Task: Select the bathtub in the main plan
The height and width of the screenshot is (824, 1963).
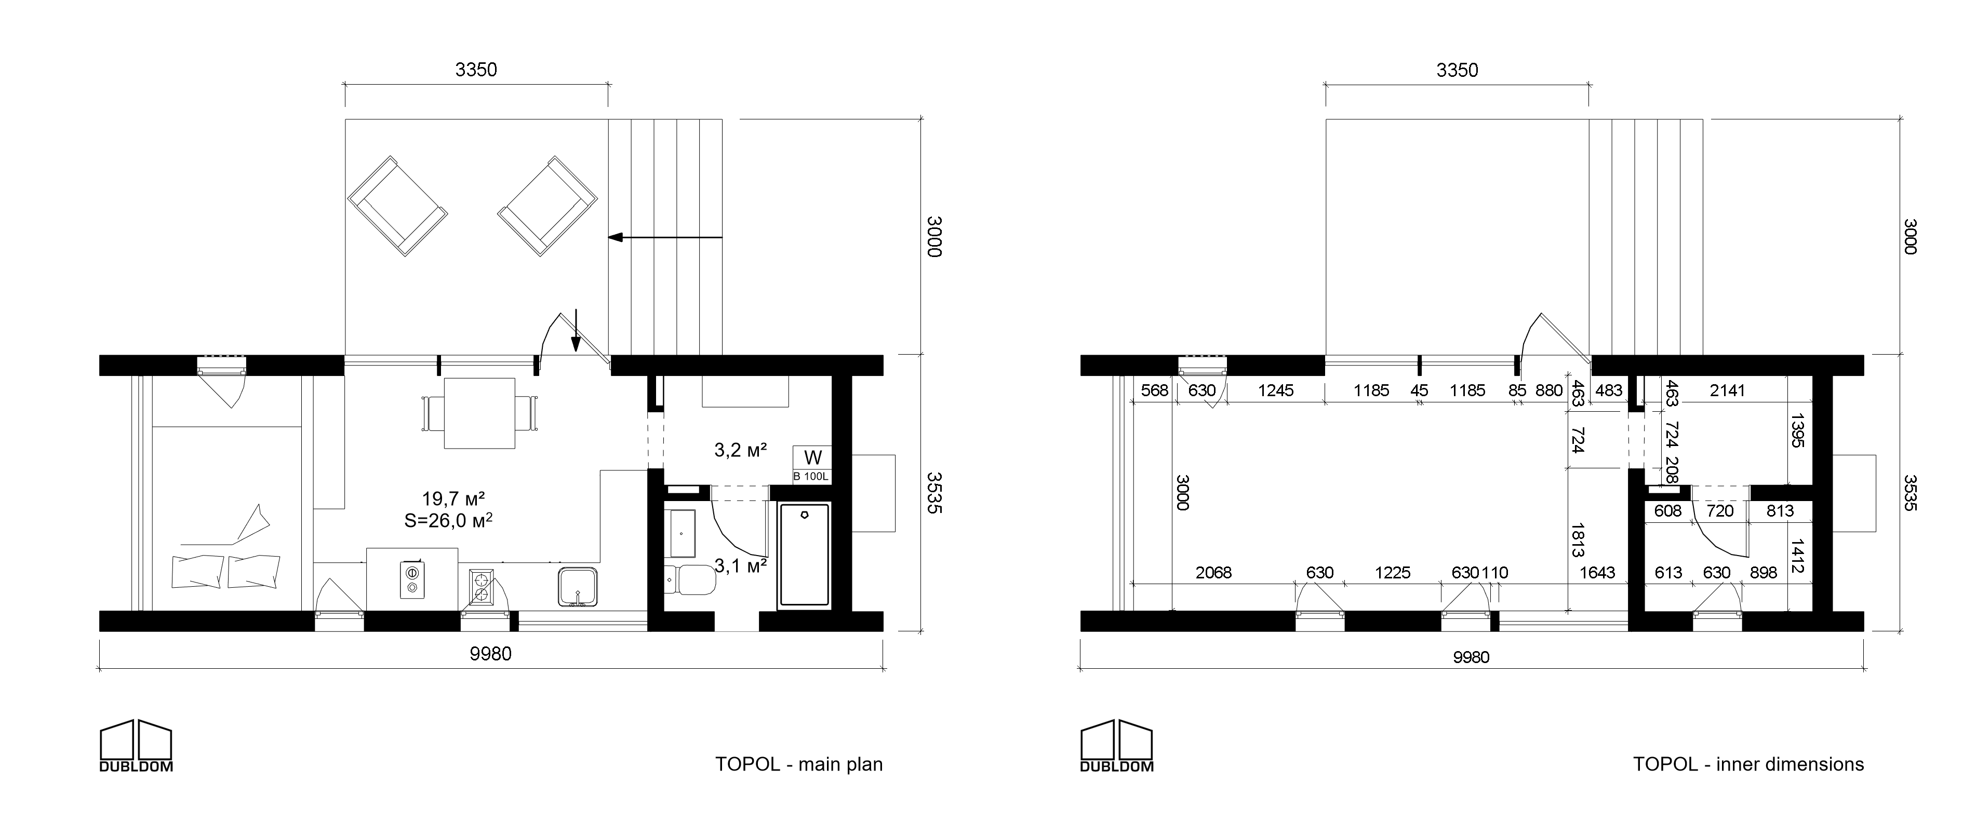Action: point(804,555)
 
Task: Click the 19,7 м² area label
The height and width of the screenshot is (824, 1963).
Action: point(453,499)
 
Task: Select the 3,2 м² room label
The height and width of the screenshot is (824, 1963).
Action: point(740,450)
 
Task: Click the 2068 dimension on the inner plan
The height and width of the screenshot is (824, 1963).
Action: point(1213,573)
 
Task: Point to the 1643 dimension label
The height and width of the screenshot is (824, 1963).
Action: point(1597,573)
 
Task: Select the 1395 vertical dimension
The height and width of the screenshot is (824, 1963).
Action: point(1797,430)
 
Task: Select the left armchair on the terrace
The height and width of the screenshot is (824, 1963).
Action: point(396,206)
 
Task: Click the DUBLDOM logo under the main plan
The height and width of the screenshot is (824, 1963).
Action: point(136,746)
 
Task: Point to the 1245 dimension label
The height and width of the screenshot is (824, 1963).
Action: point(1276,390)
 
